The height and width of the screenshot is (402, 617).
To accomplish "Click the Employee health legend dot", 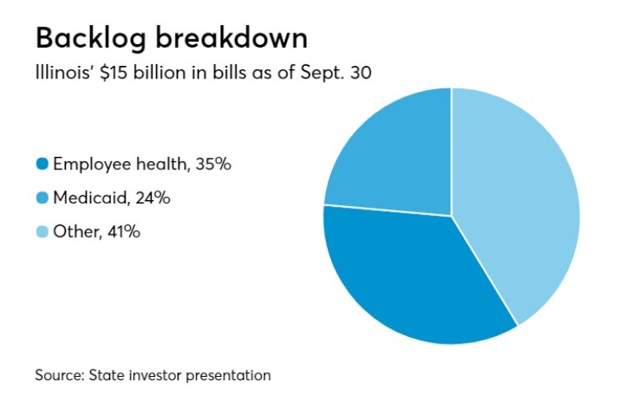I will click(42, 164).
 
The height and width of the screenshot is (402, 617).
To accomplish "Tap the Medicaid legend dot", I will click(42, 198).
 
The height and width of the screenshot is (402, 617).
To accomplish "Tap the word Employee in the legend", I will click(87, 164).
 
